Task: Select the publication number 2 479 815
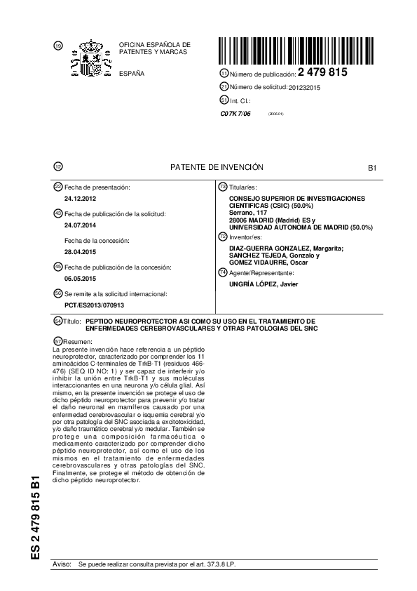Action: (322, 72)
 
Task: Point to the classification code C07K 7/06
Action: (235, 113)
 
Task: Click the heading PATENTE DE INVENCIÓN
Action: (217, 167)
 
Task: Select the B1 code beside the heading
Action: (372, 168)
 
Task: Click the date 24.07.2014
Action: (78, 225)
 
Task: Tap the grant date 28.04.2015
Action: (78, 251)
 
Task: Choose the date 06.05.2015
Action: (78, 277)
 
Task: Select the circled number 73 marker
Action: (223, 187)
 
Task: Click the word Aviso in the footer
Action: (62, 564)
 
